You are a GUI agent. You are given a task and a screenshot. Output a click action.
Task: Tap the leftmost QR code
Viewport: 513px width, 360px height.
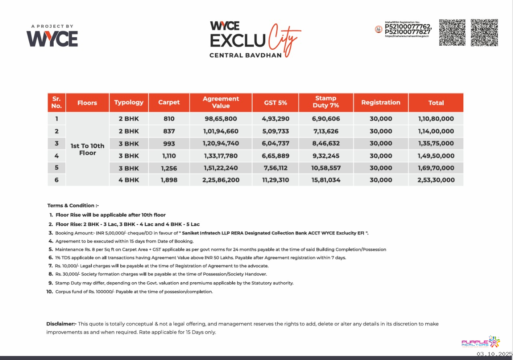pos(452,32)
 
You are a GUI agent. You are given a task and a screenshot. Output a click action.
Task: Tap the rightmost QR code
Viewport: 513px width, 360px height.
pos(484,32)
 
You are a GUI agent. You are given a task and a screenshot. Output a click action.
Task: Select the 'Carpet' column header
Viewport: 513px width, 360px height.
pos(169,103)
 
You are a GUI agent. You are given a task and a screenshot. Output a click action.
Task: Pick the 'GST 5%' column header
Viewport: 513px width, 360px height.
pos(275,103)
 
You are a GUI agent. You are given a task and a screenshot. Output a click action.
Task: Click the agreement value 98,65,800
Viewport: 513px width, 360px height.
pos(221,119)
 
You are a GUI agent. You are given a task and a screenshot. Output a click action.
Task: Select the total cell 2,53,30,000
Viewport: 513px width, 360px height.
pos(436,180)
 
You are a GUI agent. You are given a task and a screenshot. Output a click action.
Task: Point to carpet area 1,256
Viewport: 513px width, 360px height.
pos(169,168)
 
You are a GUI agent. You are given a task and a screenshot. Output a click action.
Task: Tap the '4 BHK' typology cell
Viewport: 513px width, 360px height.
pos(129,180)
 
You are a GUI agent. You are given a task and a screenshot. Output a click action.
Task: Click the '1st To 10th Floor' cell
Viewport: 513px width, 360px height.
pos(87,149)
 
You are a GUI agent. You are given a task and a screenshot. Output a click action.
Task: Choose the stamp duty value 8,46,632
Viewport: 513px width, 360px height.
pos(326,144)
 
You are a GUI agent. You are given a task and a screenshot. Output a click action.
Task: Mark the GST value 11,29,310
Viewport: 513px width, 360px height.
pos(275,180)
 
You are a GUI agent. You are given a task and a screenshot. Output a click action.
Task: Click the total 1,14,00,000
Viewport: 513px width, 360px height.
pos(436,131)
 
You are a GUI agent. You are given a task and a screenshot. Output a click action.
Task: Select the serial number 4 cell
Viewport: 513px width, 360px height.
pos(57,156)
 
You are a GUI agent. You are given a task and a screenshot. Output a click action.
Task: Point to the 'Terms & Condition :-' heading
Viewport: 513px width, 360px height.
pos(70,206)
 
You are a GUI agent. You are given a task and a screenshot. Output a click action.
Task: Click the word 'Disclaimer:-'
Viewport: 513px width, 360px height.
pos(61,324)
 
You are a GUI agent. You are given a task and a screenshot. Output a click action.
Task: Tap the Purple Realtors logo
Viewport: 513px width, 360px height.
pos(481,342)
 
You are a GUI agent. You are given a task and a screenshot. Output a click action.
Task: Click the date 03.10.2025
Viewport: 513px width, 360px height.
pos(495,354)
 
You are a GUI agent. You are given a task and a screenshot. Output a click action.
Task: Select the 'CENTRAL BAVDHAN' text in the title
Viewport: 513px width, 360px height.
pos(245,55)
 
